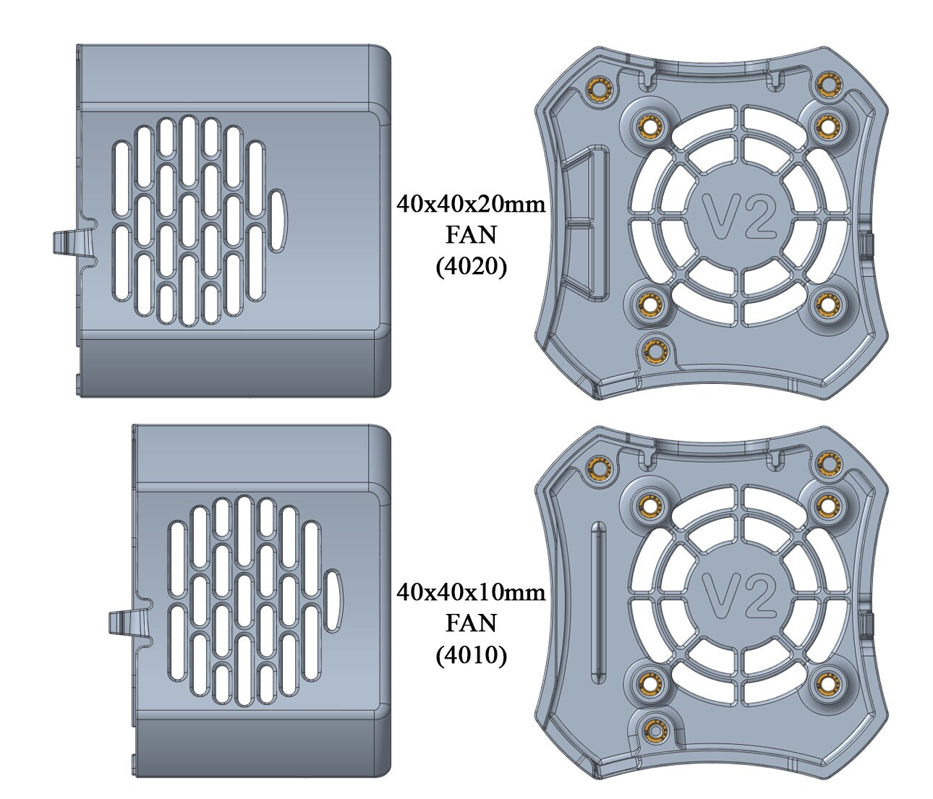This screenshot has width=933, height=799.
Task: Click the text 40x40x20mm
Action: tap(470, 205)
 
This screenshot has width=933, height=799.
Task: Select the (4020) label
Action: tap(471, 267)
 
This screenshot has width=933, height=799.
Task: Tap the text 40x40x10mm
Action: tap(470, 593)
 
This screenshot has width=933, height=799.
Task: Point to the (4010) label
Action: tap(471, 655)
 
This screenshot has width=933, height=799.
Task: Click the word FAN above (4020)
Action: tap(471, 236)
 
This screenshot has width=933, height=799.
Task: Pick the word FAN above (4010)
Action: tap(471, 624)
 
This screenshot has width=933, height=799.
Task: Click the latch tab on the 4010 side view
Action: tap(127, 623)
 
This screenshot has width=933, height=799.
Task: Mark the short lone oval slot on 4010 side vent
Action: tap(333, 600)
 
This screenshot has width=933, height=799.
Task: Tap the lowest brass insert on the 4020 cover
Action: tap(655, 351)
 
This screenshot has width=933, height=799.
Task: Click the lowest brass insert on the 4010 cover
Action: tap(655, 727)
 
